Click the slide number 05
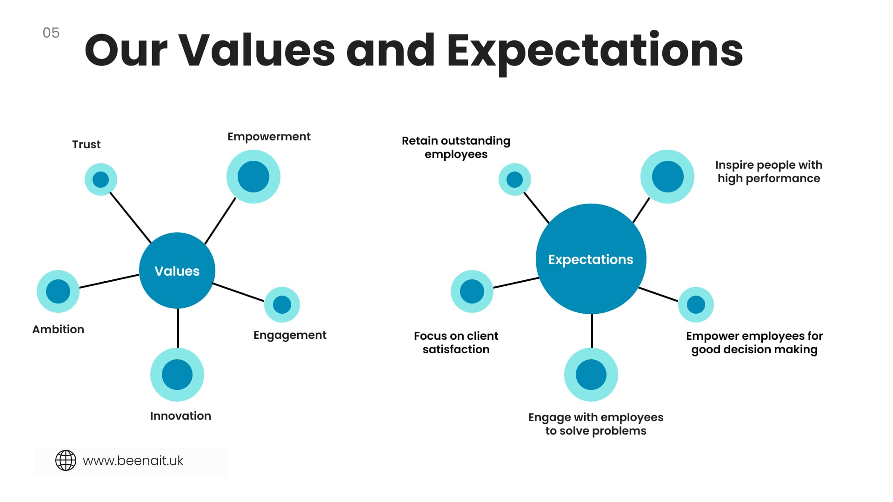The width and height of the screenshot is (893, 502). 51,33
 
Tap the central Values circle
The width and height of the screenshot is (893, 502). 177,271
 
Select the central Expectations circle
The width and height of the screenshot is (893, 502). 591,259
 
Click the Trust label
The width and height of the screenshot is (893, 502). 87,145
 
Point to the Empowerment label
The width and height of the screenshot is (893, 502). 269,137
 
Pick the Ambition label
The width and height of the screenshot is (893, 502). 58,330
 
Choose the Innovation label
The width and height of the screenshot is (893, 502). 180,416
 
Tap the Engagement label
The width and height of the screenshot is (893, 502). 290,336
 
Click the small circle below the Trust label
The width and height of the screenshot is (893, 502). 101,179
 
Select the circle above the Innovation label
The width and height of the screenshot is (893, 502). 177,375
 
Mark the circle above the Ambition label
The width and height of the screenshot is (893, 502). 58,291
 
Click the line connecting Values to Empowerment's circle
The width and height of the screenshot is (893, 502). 220,221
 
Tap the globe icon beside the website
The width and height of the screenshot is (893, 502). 66,461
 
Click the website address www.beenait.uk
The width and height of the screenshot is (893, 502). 133,461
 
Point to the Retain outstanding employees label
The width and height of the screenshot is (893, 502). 456,148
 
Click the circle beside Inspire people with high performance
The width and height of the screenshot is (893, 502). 667,177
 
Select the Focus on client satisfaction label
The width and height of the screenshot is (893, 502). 456,343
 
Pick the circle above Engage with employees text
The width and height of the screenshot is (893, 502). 591,375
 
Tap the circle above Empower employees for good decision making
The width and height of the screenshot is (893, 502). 696,305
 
